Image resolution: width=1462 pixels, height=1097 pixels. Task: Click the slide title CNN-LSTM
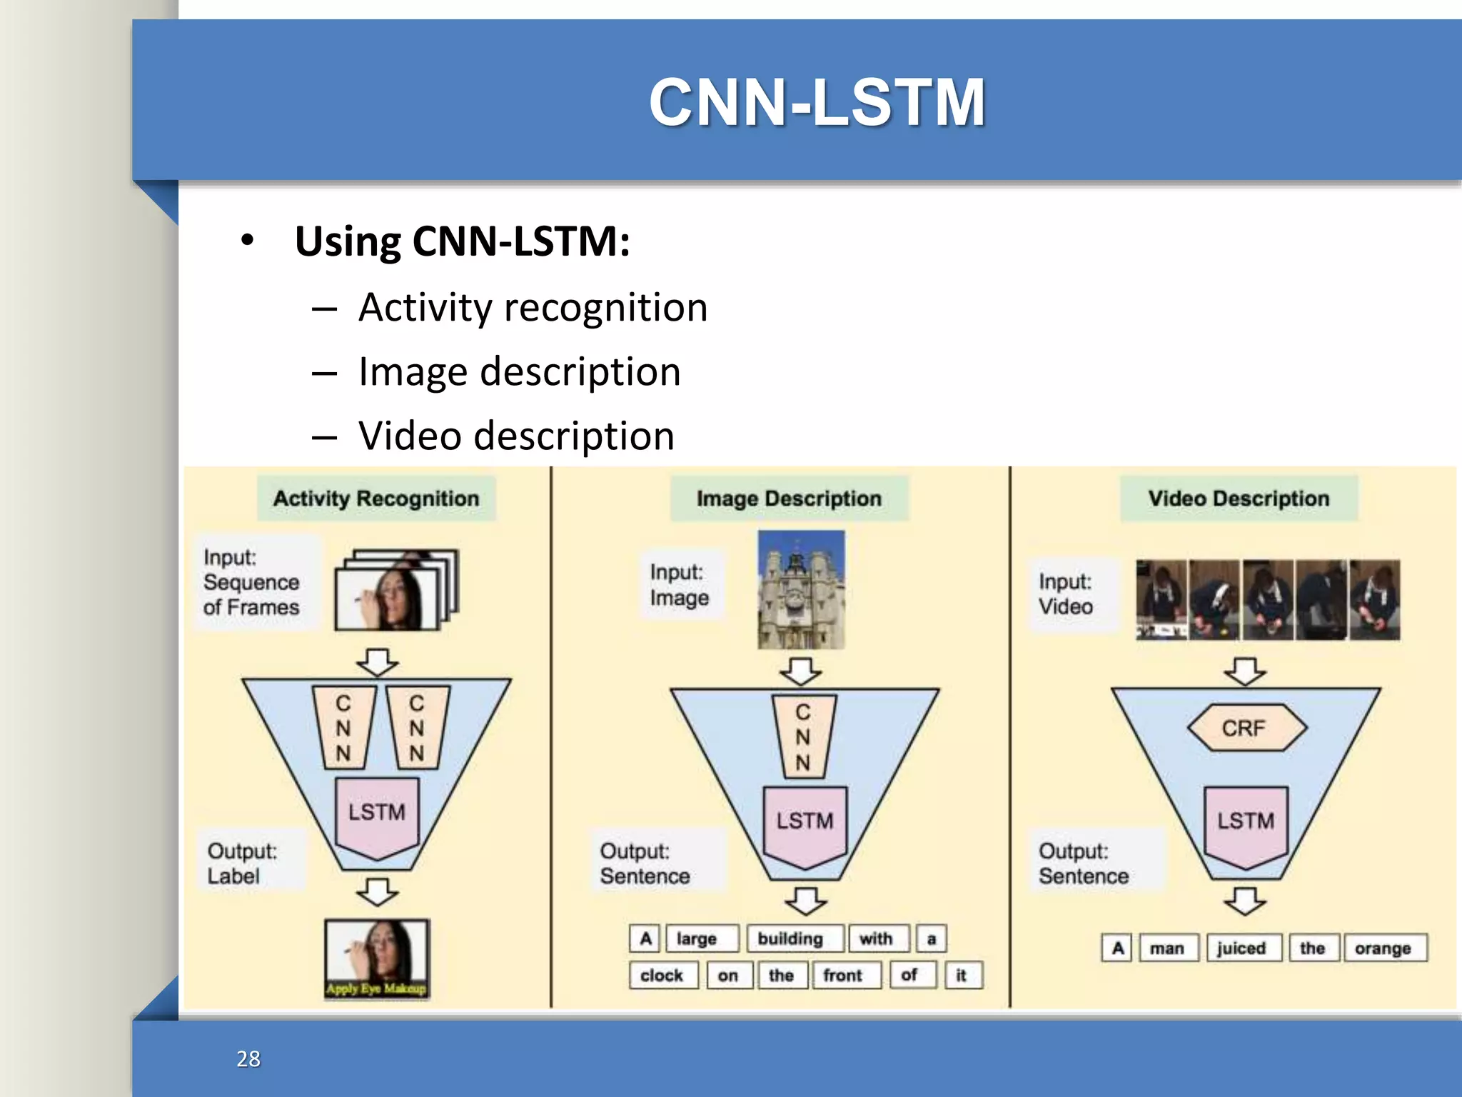pos(817,103)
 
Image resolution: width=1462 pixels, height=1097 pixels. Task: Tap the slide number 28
pos(248,1058)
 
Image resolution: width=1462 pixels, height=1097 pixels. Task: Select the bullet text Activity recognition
pos(533,308)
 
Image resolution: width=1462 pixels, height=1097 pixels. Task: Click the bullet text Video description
pos(516,436)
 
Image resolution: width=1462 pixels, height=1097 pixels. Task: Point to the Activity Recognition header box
pos(376,499)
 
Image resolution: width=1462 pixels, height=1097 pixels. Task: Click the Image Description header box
pos(789,499)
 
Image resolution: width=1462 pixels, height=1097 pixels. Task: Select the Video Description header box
pos(1239,499)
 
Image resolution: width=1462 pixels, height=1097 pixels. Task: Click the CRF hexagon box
pos(1246,728)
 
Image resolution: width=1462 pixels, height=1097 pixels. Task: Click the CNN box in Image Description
pos(804,737)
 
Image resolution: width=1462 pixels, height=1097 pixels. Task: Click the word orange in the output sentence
pos(1383,948)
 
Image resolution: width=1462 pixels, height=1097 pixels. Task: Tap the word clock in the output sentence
pos(662,976)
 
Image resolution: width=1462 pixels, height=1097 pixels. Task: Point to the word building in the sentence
pos(791,938)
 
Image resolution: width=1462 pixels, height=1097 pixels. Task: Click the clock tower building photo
pos(801,590)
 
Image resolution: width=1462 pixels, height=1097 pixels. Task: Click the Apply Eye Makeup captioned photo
pos(377,958)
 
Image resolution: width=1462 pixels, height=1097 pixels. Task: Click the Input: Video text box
pos(1067,594)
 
